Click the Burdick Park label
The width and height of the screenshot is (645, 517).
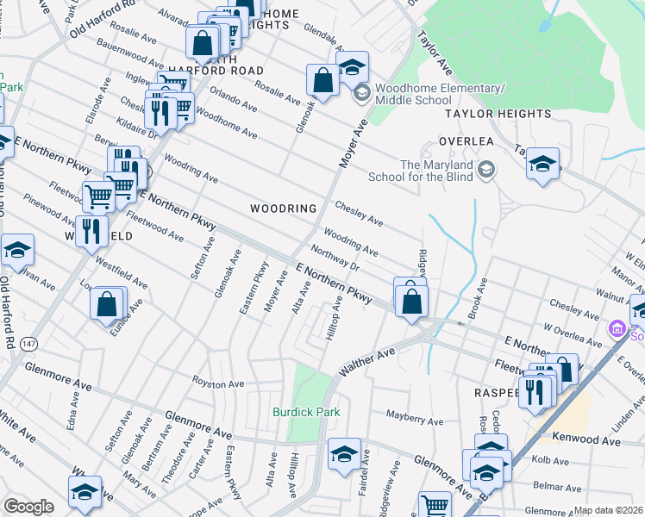[x=306, y=412]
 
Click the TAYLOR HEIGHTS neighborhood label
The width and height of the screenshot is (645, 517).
[x=498, y=114]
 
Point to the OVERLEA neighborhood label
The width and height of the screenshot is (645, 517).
[x=465, y=140]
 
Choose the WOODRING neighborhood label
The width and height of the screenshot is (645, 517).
[x=284, y=209]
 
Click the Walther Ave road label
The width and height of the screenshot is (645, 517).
[x=366, y=360]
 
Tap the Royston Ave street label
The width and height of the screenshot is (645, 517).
[x=219, y=383]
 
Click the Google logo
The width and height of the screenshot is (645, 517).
[x=28, y=507]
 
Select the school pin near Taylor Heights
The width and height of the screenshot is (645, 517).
[x=542, y=163]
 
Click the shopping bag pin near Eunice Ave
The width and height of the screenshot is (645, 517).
[x=106, y=304]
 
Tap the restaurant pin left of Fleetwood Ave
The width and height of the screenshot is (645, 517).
[x=91, y=230]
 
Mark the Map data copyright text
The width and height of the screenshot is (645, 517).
[x=609, y=510]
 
